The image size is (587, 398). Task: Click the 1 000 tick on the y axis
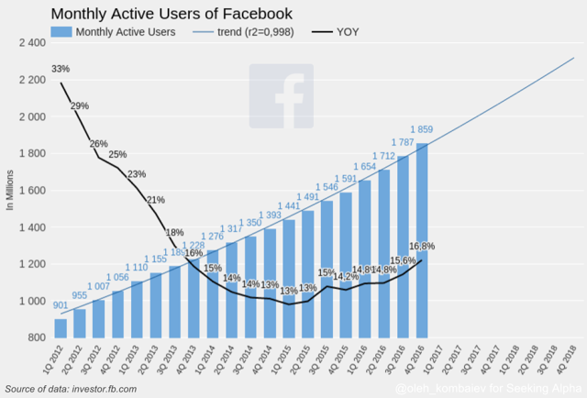tap(30, 302)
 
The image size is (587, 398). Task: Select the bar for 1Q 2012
tap(61, 328)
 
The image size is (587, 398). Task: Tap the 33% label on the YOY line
tap(61, 70)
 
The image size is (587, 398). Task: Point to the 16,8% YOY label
tap(421, 247)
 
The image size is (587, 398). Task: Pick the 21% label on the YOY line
tap(156, 200)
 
